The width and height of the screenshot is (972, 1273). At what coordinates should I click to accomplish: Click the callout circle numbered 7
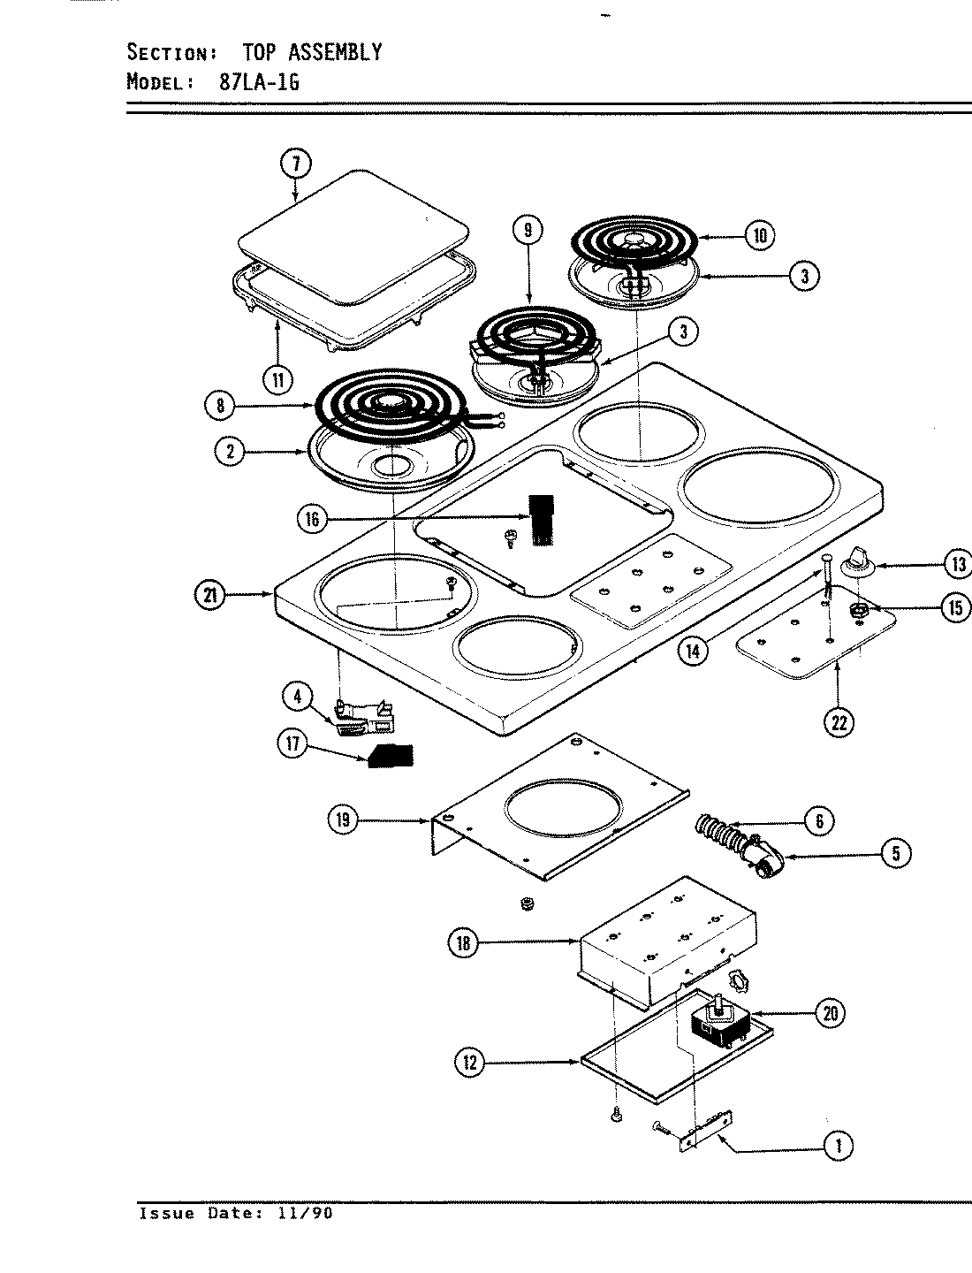(297, 164)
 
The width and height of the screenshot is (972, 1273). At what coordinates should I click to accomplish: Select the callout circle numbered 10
(759, 235)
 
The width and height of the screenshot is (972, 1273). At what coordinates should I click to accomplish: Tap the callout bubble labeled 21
(209, 595)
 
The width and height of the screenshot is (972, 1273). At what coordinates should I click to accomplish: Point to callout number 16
(313, 519)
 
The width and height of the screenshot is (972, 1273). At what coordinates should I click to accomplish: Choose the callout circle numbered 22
(839, 722)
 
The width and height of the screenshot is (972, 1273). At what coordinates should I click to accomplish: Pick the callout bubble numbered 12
(470, 1063)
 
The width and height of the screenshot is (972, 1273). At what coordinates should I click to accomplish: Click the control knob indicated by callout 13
(854, 559)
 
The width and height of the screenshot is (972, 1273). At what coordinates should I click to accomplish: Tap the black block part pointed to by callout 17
(391, 756)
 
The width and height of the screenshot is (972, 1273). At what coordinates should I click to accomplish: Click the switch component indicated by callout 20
(719, 1024)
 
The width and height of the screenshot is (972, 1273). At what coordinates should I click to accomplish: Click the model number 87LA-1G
(258, 82)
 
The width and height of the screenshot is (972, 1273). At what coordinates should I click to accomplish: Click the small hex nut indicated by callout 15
(857, 610)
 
